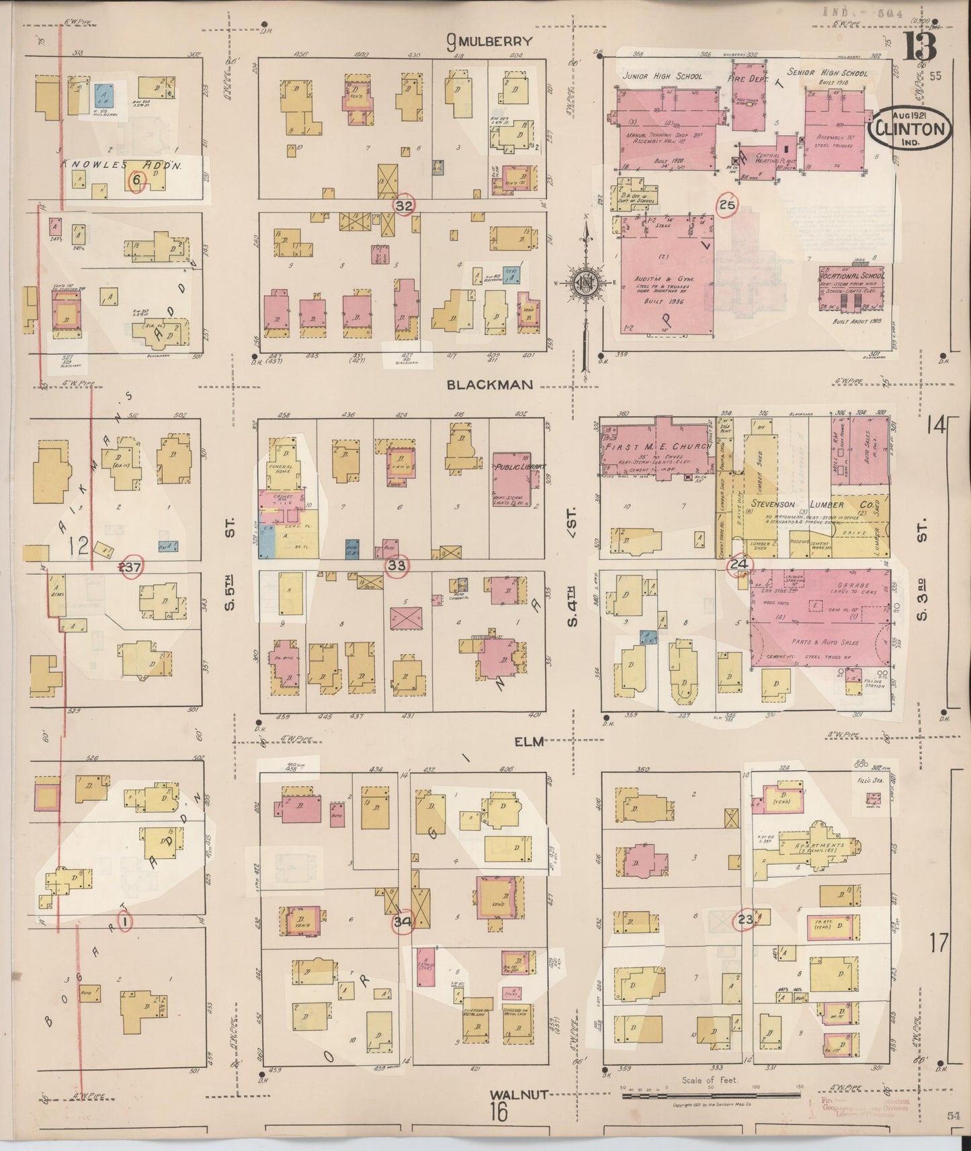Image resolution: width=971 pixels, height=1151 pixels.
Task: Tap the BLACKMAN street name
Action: point(490,384)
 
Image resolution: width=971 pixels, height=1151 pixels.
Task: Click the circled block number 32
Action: point(403,206)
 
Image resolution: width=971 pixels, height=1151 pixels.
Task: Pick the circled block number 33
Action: point(396,565)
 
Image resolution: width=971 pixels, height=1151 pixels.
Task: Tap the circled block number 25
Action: point(727,205)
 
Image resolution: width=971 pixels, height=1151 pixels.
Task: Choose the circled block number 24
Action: point(739,564)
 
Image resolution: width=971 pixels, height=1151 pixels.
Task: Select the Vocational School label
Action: point(852,275)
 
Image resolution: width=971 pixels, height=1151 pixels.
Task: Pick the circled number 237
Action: point(130,567)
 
